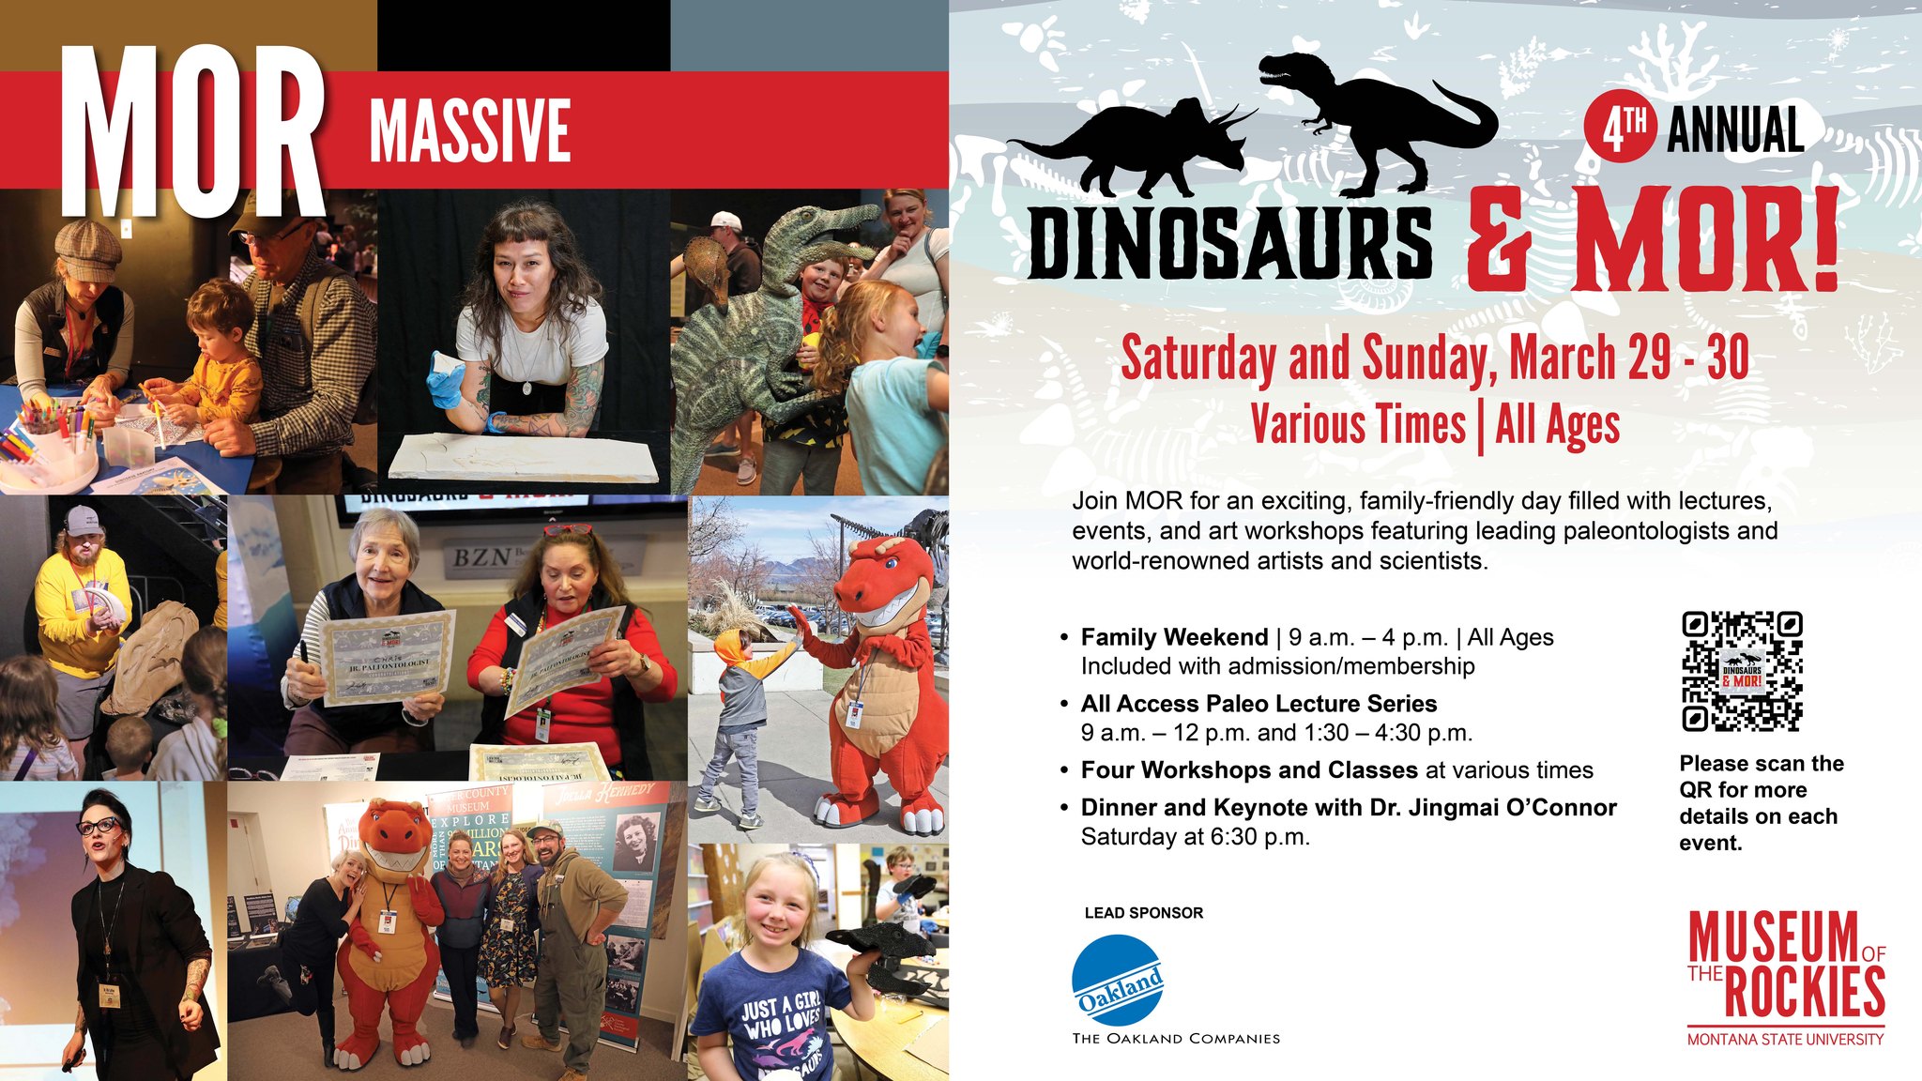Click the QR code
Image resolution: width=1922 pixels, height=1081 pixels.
[x=1742, y=671]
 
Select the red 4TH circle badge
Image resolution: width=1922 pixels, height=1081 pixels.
[x=1621, y=130]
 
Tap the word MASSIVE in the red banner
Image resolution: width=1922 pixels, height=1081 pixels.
[x=470, y=130]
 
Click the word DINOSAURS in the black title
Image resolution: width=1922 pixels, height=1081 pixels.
[x=1230, y=243]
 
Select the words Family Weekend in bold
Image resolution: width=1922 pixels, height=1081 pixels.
[x=1174, y=638]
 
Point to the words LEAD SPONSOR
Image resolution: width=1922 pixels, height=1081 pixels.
[x=1143, y=913]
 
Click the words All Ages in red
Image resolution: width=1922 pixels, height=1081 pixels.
[x=1558, y=425]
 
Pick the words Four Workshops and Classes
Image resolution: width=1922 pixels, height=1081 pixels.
[x=1248, y=770]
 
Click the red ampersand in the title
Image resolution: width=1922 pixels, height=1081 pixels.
[x=1500, y=243]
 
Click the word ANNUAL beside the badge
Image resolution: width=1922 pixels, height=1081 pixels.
[x=1734, y=130]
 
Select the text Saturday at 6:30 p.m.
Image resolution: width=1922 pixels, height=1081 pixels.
[x=1195, y=837]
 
